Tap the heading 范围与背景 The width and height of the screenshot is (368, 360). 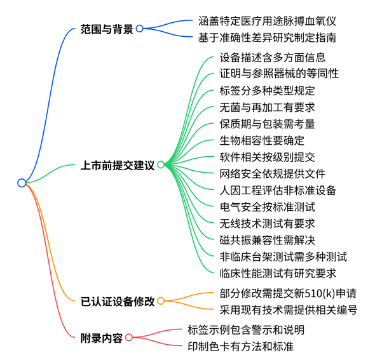coord(107,29)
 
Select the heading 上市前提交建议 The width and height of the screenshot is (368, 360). coord(118,165)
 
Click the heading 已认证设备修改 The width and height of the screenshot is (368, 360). coord(118,301)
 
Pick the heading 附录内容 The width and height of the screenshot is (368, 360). coord(102,338)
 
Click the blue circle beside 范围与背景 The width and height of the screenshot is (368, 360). coord(140,29)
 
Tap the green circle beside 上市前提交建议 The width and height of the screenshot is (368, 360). coord(161,165)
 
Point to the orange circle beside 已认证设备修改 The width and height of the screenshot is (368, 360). coord(161,301)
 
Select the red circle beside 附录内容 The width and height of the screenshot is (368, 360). coord(129,338)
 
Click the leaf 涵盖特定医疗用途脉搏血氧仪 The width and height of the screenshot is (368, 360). coord(267,21)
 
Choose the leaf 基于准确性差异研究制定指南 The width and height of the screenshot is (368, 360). coord(267,37)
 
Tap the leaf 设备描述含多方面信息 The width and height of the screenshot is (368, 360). coord(273,57)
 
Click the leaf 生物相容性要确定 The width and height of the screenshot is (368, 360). coord(262,140)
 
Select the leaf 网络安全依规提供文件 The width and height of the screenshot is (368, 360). coord(273,174)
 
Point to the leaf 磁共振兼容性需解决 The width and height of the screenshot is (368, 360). coord(267,240)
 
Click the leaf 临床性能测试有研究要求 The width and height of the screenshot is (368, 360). coord(278,273)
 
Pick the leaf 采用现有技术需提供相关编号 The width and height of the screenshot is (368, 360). coord(289,310)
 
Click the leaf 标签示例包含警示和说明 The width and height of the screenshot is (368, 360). coord(246,330)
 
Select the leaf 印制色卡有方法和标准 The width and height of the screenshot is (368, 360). coord(240,347)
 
